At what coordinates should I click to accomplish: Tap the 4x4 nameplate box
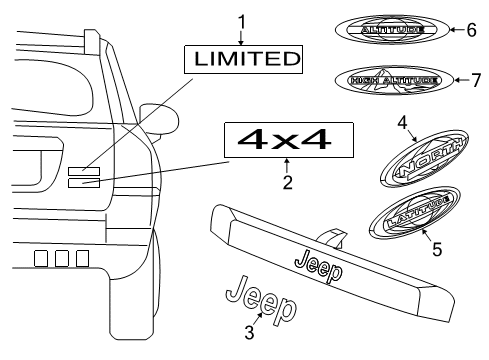coord(287,140)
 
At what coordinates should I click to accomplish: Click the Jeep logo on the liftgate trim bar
coord(316,265)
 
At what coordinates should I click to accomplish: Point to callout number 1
coord(240,19)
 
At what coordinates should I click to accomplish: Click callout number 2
coord(287,182)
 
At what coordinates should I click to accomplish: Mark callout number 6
coord(471,31)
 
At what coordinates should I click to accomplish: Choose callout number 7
coord(475,80)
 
